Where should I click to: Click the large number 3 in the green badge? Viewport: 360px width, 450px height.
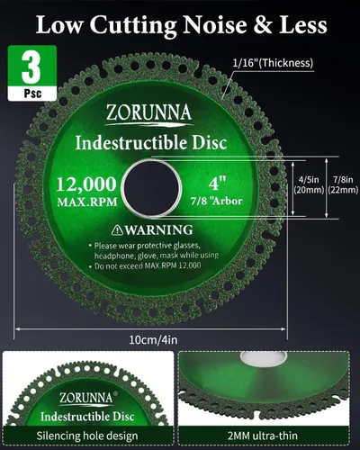coord(31,67)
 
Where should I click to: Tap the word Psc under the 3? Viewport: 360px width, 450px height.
coord(32,94)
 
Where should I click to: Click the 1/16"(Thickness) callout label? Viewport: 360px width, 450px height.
coord(273,63)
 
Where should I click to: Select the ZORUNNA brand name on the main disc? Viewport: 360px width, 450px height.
coord(148,112)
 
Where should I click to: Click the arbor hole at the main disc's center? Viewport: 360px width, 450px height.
coord(152,188)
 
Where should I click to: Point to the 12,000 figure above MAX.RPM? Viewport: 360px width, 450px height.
coord(86,184)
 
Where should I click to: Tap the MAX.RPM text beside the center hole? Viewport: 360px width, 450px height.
coord(87,202)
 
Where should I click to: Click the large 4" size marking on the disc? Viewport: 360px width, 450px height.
coord(217,183)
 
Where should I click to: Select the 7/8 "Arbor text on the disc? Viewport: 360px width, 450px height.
coord(216,201)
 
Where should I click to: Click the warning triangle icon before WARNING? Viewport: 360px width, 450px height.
coord(117,230)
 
